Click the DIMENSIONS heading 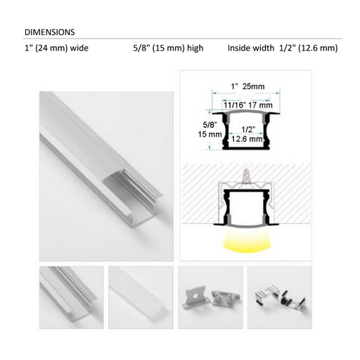coord(50,32)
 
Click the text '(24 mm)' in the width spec coord(53,49)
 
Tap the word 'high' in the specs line coord(193,49)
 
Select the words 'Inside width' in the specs coord(250,49)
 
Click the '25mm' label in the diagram coord(253,86)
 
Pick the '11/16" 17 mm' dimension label coord(248,104)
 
